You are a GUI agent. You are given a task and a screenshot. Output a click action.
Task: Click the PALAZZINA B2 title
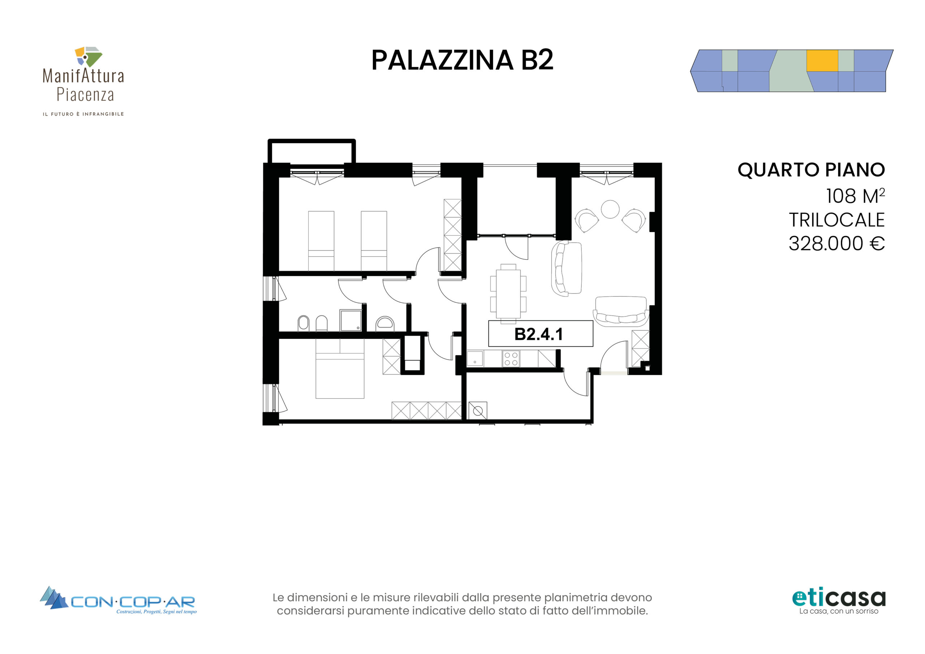click(462, 60)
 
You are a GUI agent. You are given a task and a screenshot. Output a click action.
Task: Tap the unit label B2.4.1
click(539, 334)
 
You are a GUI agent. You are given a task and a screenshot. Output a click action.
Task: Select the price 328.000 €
click(836, 244)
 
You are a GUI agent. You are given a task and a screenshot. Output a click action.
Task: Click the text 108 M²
click(855, 196)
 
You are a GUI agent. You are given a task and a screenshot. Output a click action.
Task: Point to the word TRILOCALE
click(836, 220)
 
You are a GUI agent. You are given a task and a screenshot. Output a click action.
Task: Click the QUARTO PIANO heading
click(811, 170)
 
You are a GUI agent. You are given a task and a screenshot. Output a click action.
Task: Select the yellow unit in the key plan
click(822, 61)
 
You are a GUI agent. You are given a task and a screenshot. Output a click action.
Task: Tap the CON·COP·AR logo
click(118, 601)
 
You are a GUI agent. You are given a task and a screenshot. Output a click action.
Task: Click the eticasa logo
click(839, 602)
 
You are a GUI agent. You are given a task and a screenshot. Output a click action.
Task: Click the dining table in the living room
click(508, 294)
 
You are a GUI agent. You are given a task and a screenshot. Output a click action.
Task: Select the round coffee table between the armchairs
click(610, 209)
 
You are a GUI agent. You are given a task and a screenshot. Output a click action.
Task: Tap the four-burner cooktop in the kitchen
click(511, 359)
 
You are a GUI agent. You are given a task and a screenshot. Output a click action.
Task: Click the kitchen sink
click(475, 359)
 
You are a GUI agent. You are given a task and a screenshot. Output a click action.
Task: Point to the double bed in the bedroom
click(340, 368)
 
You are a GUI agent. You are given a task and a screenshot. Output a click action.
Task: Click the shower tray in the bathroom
click(350, 320)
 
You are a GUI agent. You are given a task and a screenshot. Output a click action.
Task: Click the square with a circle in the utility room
click(478, 411)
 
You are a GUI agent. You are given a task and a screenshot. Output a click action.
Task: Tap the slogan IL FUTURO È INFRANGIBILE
click(83, 114)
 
